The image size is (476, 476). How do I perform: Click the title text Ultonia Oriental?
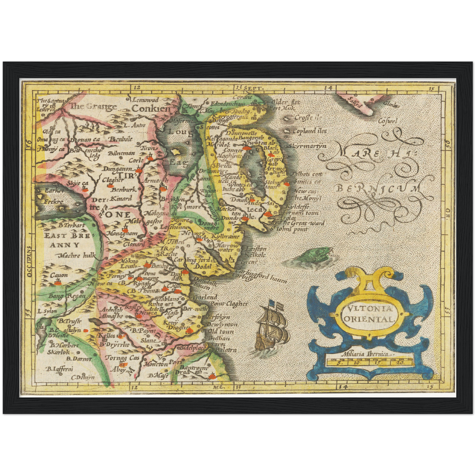point(369,314)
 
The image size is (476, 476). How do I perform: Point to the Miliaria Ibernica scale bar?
point(369,362)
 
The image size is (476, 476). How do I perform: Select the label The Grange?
point(94,106)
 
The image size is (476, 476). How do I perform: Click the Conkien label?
point(151,108)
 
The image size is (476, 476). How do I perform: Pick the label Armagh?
point(156,180)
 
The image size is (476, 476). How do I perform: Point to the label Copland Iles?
point(310,131)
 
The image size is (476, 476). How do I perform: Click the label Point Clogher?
point(229,303)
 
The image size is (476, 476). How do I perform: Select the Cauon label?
point(59,275)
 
